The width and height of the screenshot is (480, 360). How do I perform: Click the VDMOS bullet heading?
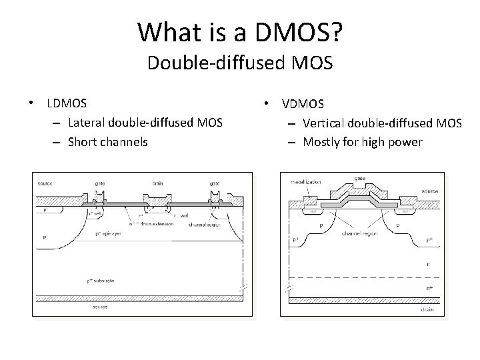pos(303,104)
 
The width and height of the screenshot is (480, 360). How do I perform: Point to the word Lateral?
pos(87,122)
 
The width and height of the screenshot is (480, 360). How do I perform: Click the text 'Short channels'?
pos(107,141)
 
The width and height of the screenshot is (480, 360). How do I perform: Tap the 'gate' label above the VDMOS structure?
pos(359,179)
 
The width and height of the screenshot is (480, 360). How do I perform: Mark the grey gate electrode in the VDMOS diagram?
pos(359,199)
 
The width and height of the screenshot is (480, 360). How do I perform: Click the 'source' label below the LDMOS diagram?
pos(101,307)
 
